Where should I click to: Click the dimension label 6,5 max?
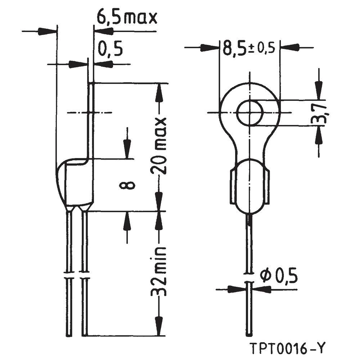pos(127,17)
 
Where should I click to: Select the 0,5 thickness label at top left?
pos(110,49)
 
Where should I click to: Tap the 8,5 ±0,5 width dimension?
pos(248,48)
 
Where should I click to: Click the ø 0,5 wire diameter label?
pos(279,276)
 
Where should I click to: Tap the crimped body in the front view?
pos(249,186)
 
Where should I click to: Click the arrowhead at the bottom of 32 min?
pos(159,327)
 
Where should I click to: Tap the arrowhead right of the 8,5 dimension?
pos(289,48)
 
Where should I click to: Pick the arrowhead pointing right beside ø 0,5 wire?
pos(235,289)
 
